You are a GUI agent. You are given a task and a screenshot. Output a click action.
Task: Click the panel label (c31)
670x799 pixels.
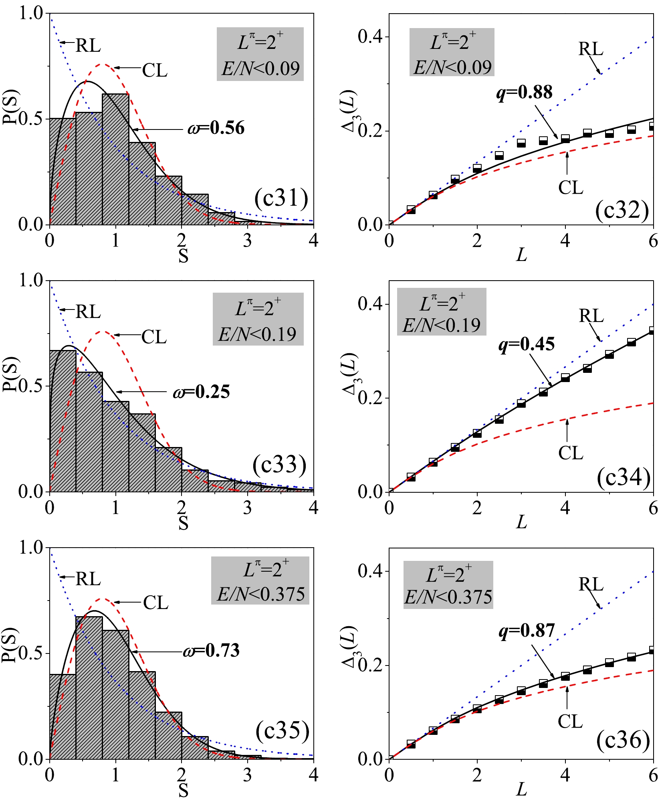point(281,198)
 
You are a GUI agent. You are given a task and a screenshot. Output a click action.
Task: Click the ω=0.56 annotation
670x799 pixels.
point(216,128)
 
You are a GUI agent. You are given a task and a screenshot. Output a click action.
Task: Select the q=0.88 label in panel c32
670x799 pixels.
point(525,92)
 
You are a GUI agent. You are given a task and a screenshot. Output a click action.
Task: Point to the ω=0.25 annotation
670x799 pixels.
point(202,392)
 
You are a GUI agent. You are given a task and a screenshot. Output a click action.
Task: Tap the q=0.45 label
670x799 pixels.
point(527,344)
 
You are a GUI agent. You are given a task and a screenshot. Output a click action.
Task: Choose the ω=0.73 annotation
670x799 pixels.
point(211,650)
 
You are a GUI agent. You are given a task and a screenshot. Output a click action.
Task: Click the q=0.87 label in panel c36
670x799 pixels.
point(527,631)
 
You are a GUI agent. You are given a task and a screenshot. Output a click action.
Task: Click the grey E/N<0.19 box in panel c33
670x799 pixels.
point(258,319)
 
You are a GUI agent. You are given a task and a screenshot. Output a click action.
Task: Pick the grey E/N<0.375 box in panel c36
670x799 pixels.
point(448,585)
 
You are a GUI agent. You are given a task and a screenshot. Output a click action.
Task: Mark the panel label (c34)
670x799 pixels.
point(624,478)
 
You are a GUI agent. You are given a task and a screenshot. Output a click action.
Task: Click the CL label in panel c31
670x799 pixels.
point(155,71)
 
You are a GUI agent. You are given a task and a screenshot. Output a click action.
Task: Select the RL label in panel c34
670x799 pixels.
point(591,316)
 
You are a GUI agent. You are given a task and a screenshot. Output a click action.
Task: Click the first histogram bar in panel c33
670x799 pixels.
point(63,421)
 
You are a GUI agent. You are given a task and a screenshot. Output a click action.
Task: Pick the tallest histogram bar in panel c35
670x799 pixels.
point(89,688)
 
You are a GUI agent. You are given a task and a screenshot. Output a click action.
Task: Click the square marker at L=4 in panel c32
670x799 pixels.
point(565,139)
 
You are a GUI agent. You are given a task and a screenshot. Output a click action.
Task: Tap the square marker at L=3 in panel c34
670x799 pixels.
point(521,403)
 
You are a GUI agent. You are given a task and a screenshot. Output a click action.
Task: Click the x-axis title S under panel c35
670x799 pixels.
point(183,790)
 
